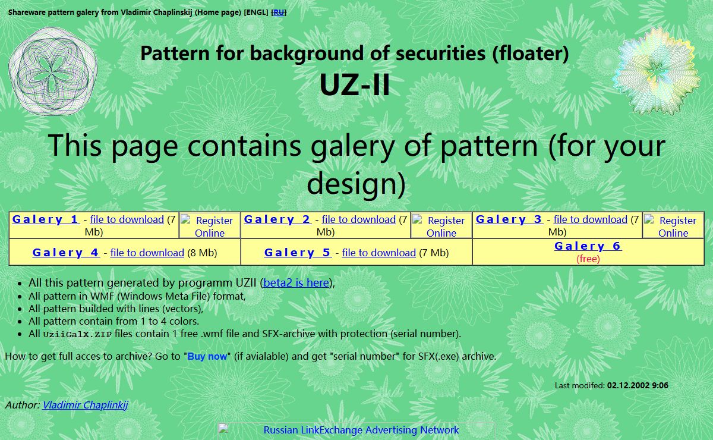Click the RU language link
[279, 12]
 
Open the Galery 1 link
[46, 219]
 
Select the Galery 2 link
[277, 219]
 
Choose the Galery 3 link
[509, 219]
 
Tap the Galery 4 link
[66, 253]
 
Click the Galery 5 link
[298, 253]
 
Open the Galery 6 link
[588, 246]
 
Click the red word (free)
[588, 259]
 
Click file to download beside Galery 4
[147, 253]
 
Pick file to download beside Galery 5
[379, 253]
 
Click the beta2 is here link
[296, 283]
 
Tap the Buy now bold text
[207, 356]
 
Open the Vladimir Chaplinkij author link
[85, 405]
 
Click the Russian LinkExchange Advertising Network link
[361, 430]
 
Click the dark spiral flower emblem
[53, 71]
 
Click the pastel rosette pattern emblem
[657, 71]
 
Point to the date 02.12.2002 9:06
[638, 385]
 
